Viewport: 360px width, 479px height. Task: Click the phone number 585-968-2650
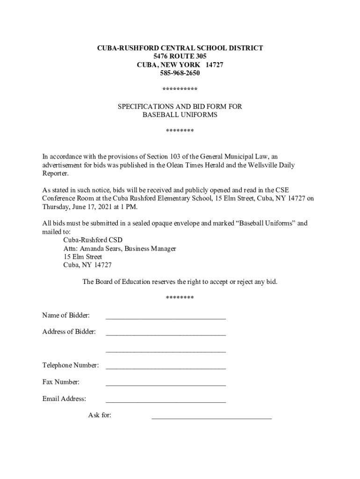point(180,73)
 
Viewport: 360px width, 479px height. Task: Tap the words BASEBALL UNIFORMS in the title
point(180,115)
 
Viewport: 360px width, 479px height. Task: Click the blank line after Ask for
point(211,417)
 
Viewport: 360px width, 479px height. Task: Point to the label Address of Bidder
point(69,332)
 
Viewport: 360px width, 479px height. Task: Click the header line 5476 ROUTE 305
point(180,56)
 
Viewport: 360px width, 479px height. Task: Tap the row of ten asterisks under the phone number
point(180,89)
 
